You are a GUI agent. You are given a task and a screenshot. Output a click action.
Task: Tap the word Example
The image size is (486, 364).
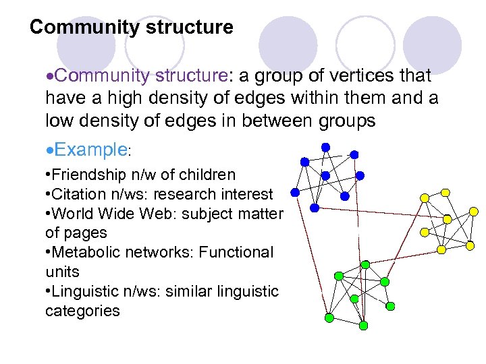coord(90,149)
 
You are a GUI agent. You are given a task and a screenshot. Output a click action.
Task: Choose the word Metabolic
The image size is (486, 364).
coord(88,253)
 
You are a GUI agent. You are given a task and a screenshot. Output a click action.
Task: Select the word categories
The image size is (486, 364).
coord(82,311)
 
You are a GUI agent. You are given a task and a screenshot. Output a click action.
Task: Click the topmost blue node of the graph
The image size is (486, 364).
coord(325,146)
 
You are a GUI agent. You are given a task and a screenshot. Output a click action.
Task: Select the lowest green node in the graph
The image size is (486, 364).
coord(363,325)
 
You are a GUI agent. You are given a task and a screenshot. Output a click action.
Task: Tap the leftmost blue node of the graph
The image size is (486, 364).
coord(294,192)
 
